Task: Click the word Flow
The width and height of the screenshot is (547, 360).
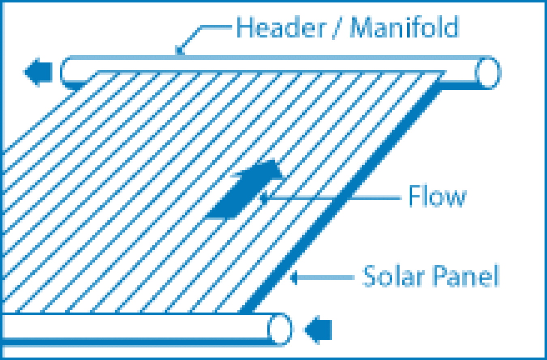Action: point(437,197)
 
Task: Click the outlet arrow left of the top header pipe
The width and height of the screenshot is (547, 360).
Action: point(39,72)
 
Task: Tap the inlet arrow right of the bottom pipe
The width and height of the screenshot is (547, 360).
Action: point(318,329)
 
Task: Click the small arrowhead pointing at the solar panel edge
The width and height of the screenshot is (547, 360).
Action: point(294,278)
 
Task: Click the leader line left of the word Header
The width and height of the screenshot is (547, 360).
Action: point(215,28)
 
